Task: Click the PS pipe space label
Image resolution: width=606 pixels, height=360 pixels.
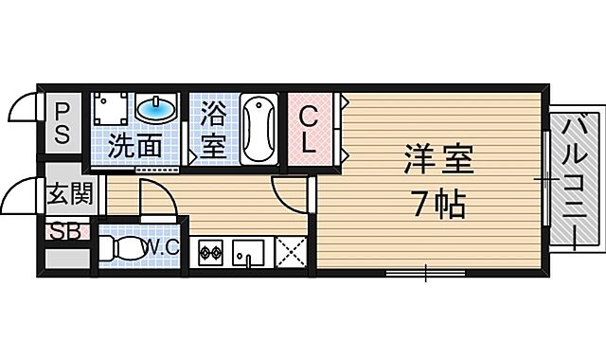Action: coord(62,122)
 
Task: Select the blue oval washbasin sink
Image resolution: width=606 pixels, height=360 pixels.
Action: coord(157,110)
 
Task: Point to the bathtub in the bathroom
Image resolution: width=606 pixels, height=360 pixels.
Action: coord(258,129)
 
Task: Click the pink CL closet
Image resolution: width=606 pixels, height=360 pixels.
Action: coord(310,130)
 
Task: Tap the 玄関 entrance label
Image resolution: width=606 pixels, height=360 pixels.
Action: coord(70,196)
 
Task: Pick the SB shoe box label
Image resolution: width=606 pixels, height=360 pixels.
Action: coord(64,230)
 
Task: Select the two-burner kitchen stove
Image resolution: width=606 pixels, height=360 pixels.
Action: coord(210,253)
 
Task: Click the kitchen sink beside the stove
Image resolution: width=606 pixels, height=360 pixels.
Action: coord(249,253)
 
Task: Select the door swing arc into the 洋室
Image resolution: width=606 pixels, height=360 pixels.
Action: coord(288,193)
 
